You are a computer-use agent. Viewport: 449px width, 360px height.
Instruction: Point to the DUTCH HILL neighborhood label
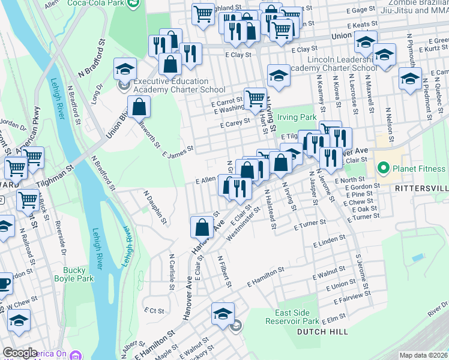pos(321,332)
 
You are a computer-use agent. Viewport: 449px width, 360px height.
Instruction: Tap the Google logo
pos(20,353)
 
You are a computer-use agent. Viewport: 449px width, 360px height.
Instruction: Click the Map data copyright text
pos(423,355)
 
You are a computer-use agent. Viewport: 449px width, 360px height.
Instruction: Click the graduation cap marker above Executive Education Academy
pos(125,70)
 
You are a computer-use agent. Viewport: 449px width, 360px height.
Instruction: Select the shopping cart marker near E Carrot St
pos(256,98)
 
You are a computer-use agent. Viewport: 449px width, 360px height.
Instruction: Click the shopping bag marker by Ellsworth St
pos(139,108)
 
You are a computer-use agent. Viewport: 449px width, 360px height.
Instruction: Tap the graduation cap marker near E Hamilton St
pos(223,313)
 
